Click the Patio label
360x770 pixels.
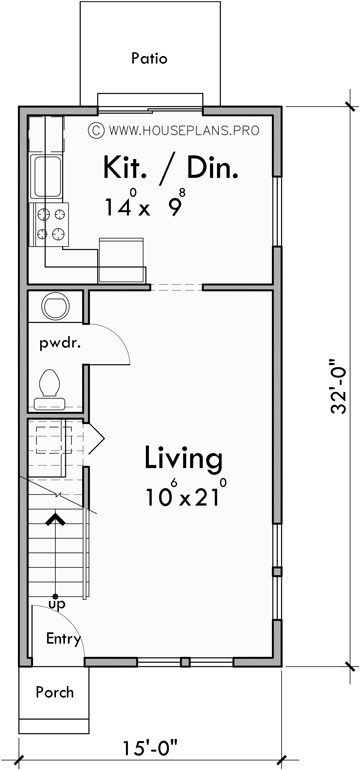(x=149, y=59)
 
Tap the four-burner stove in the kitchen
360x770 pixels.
(x=51, y=224)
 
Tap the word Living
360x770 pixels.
(x=182, y=459)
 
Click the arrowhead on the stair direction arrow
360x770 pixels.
(x=53, y=518)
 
